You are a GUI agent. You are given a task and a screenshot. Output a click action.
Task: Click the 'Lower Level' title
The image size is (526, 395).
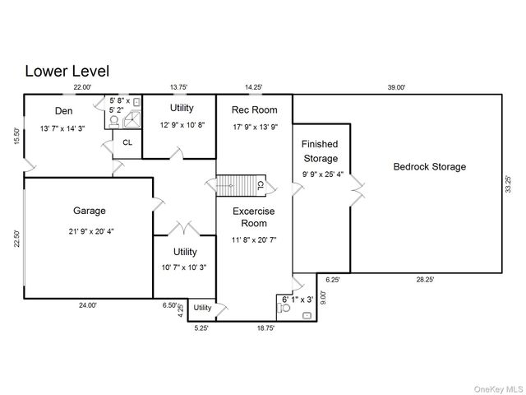67,72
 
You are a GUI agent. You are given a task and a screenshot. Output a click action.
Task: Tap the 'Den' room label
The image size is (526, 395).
64,110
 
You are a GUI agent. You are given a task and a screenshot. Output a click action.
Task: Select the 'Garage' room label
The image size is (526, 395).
88,211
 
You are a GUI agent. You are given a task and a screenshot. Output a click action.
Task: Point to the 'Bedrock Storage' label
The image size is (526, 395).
429,166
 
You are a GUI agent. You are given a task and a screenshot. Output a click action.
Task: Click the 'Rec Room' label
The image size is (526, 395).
254,109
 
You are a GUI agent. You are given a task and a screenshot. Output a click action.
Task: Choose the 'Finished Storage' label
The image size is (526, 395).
320,151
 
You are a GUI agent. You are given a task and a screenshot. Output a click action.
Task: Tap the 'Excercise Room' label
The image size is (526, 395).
254,217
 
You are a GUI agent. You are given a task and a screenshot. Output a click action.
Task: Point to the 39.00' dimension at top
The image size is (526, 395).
396,87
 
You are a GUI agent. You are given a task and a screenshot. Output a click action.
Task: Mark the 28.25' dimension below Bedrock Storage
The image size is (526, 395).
425,280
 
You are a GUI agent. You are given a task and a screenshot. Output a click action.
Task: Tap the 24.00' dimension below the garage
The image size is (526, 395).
88,305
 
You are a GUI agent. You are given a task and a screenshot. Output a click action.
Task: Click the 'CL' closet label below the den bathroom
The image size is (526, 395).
127,142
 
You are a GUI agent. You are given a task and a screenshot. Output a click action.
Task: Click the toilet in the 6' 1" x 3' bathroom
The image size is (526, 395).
284,312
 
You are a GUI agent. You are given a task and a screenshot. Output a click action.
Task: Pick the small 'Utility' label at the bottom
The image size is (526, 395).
202,308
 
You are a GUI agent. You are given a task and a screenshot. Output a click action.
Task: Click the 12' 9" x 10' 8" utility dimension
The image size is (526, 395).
182,125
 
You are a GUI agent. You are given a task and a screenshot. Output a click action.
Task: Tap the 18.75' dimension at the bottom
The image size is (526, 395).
265,327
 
